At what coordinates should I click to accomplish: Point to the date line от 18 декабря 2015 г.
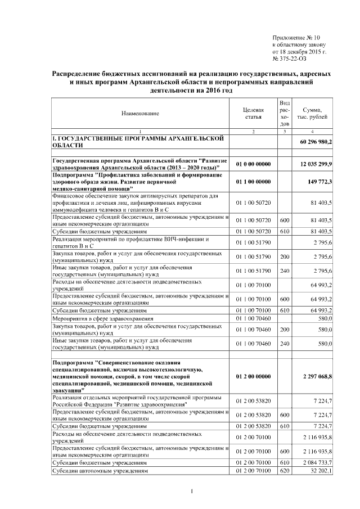tap(299, 50)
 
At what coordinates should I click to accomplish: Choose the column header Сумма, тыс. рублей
tap(316, 113)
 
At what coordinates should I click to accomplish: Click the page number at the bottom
tap(192, 493)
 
